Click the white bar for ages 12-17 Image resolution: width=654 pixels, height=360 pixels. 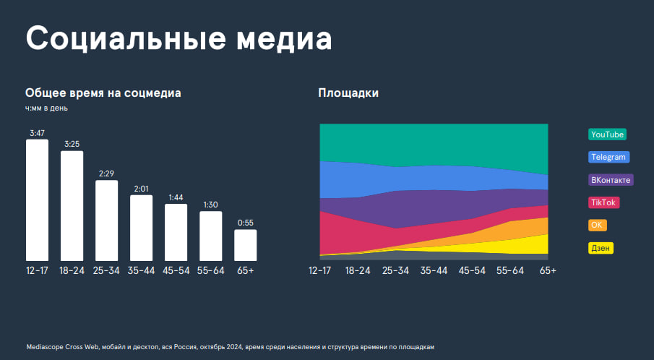pos(38,200)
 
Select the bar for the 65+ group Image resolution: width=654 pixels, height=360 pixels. pos(245,245)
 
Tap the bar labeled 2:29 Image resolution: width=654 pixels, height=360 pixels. pos(107,220)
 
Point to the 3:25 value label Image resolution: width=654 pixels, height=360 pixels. pos(72,145)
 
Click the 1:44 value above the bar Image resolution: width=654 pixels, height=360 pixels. pos(176,197)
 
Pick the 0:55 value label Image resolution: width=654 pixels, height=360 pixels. pos(245,223)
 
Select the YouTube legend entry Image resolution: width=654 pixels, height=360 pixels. pos(607,134)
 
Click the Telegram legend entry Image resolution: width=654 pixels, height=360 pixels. pos(609,157)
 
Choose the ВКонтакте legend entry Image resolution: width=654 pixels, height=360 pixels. pos(611,180)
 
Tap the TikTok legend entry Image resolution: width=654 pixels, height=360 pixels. pos(603,202)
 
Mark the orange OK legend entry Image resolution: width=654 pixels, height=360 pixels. pos(597,225)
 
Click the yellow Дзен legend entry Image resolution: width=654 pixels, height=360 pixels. pos(601,248)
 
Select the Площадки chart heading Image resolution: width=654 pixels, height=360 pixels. pos(348,93)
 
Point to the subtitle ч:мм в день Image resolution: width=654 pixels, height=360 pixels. pos(47,108)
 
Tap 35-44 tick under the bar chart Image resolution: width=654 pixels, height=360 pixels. pos(141,270)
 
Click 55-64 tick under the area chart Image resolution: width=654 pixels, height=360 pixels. pos(511,270)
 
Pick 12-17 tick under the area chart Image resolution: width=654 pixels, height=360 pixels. pos(319,270)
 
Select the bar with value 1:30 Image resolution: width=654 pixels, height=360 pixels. pos(210,236)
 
